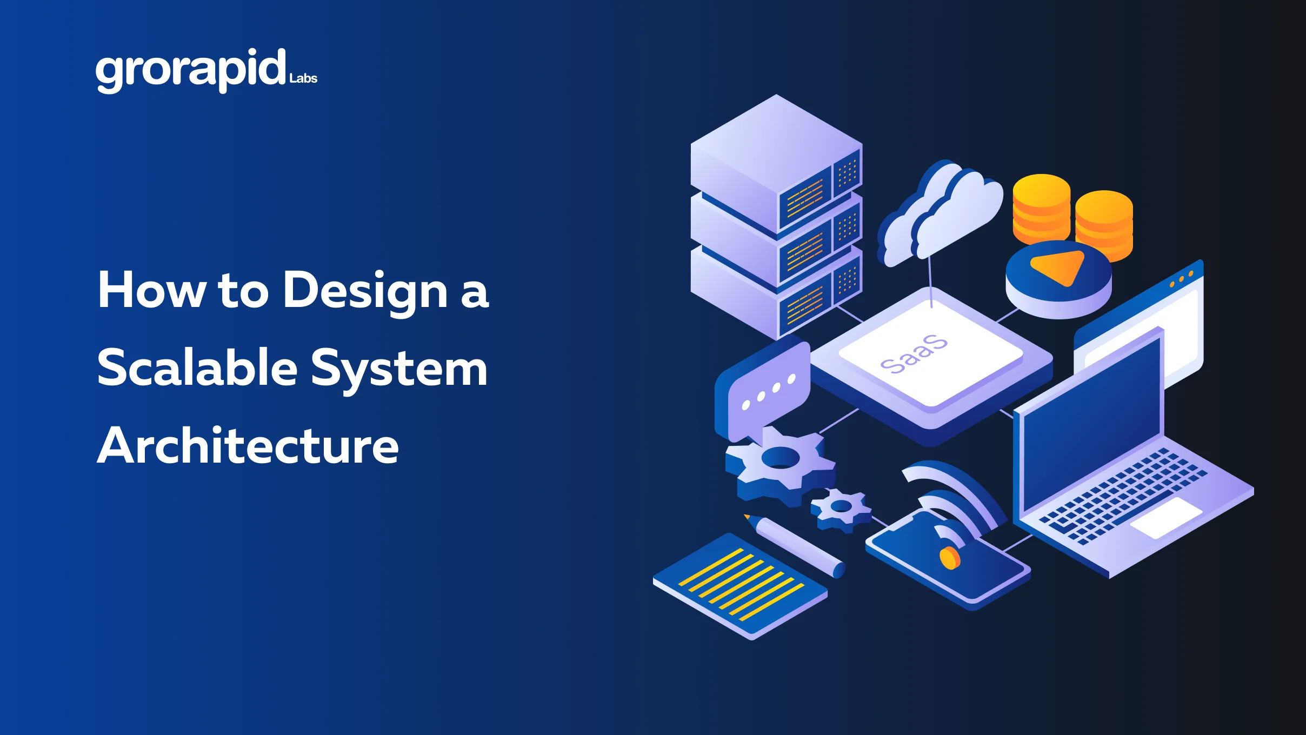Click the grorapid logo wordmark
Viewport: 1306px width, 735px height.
coord(190,70)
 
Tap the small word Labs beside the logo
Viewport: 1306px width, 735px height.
coord(303,79)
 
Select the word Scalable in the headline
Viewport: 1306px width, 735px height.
coord(197,369)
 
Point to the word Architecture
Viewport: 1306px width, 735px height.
coord(248,446)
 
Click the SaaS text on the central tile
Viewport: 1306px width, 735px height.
coord(914,354)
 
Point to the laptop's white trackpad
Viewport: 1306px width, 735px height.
coord(1166,518)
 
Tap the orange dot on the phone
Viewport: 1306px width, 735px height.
coord(949,557)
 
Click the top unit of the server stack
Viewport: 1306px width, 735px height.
coord(776,162)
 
